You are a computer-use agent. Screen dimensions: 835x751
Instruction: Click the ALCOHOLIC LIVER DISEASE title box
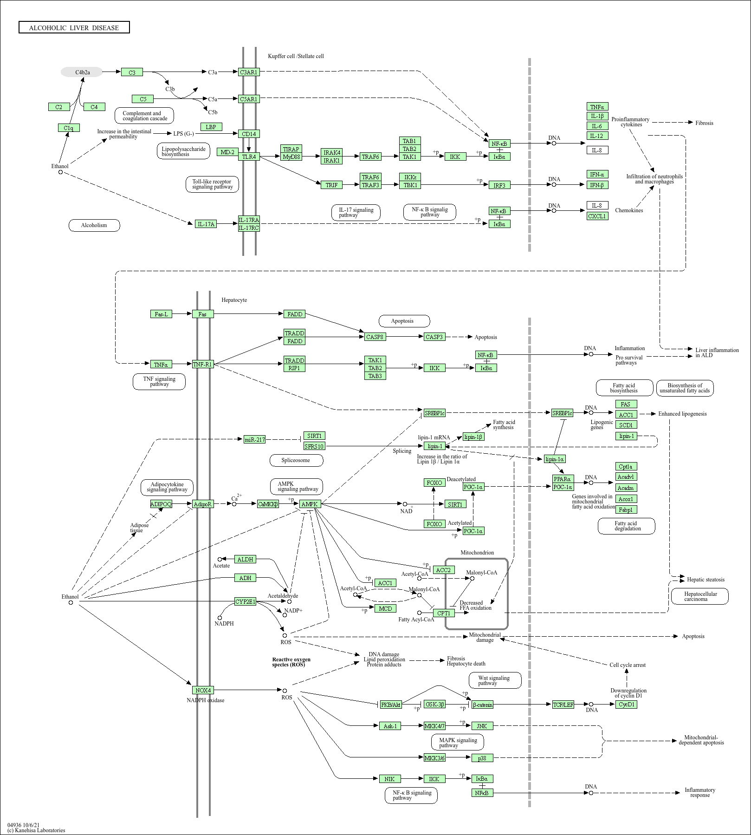pos(74,28)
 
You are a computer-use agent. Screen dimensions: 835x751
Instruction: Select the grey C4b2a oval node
pos(82,72)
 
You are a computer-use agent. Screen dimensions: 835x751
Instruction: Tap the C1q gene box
pos(69,128)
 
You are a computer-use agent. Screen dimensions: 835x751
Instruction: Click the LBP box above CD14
pos(211,127)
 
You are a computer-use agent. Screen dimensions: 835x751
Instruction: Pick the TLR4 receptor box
pos(249,157)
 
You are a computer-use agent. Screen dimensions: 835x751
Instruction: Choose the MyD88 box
pos(291,157)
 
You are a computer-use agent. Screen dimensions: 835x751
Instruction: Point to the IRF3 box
pos(499,185)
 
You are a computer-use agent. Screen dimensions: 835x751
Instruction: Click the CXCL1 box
pos(597,216)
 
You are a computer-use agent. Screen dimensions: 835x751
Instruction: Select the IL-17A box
pos(206,224)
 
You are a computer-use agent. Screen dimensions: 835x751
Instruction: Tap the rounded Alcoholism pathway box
pos(94,225)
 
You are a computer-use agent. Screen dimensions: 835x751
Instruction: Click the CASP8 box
pos(375,337)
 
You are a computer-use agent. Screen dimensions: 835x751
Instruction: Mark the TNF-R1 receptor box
pos(202,364)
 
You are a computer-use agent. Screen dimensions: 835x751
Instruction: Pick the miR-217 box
pos(255,439)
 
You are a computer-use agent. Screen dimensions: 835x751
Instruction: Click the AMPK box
pos(310,504)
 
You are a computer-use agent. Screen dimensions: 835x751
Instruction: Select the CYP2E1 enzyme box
pos(245,602)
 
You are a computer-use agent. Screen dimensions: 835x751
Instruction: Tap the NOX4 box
pos(203,690)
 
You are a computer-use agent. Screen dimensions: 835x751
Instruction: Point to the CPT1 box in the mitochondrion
pos(444,613)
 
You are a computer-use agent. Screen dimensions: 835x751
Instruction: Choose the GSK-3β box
pos(434,705)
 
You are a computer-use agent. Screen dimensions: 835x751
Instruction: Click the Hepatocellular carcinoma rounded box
pos(699,596)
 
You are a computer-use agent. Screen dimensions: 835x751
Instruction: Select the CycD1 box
pos(626,705)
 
